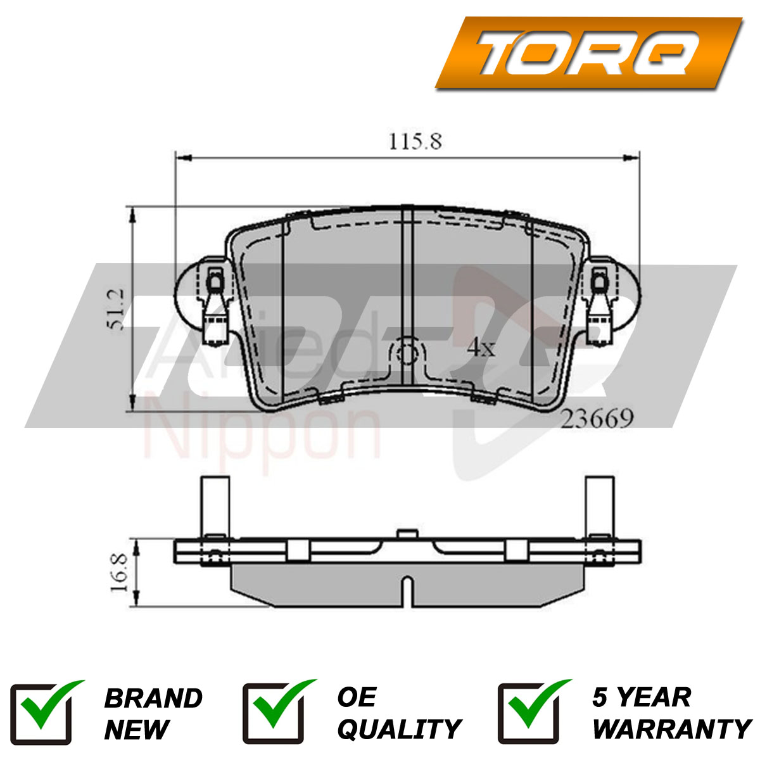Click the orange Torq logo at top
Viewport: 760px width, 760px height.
point(588,53)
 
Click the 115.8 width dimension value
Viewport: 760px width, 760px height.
point(415,142)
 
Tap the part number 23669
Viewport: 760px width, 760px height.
point(597,419)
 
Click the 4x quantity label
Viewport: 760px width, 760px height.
point(481,348)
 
